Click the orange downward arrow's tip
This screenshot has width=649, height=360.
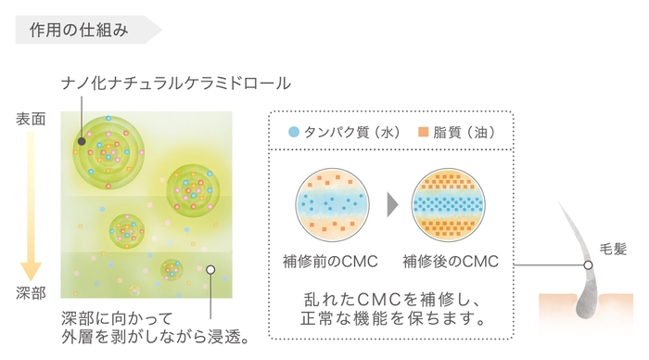click(x=31, y=275)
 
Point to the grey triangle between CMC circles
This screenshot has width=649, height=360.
click(x=392, y=202)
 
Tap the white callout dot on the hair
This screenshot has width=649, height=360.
click(x=588, y=265)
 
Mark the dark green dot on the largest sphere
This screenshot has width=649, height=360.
click(x=83, y=142)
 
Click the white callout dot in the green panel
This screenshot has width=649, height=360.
click(x=210, y=270)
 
